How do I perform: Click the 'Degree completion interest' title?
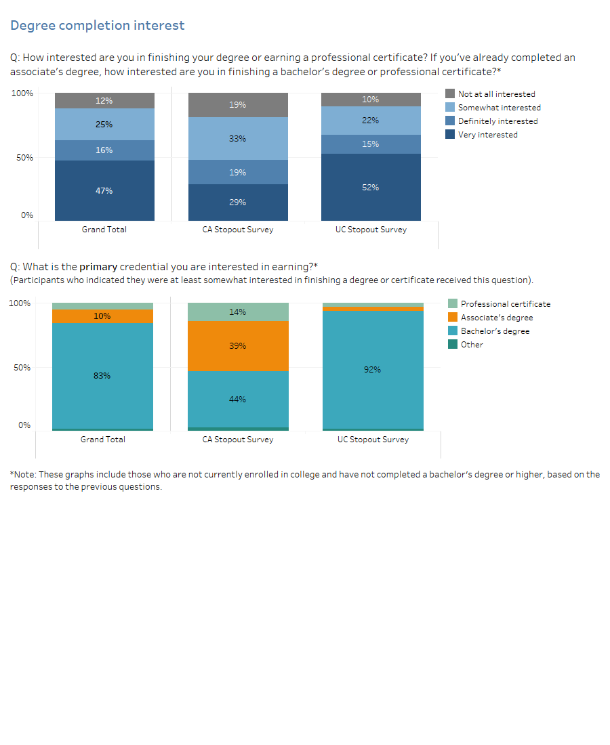[97, 26]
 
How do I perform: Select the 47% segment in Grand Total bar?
[104, 191]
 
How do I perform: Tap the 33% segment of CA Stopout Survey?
[238, 139]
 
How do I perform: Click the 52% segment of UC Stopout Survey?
[371, 188]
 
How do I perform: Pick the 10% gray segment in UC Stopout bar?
[371, 100]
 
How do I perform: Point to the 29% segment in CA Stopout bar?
[238, 203]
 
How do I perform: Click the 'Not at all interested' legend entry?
[496, 94]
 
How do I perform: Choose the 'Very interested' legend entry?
[487, 135]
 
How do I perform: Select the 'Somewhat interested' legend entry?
[499, 108]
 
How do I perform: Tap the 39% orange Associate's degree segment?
[238, 346]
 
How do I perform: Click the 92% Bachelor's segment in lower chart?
[373, 370]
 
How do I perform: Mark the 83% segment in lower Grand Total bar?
[102, 376]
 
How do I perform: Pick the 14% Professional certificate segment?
[238, 312]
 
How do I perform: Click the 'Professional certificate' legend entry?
[505, 304]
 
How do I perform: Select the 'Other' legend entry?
[472, 345]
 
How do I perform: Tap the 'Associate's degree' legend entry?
[496, 318]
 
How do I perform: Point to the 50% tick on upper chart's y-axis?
[26, 158]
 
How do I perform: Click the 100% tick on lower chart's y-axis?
[20, 303]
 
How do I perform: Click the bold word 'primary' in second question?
[98, 268]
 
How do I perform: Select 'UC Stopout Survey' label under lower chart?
[373, 440]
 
